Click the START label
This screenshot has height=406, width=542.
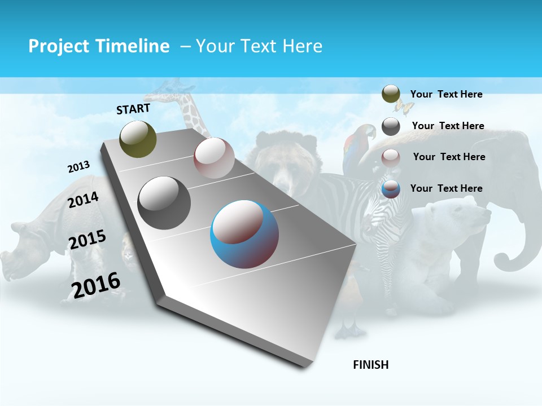click(133, 109)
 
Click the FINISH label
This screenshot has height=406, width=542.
click(371, 365)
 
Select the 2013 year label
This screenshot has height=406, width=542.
click(78, 167)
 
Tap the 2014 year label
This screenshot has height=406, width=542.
click(84, 200)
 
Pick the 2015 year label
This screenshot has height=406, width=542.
click(88, 240)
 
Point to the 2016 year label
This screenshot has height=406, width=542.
click(96, 285)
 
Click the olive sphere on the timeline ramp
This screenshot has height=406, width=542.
click(138, 139)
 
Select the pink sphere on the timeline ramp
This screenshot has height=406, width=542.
click(214, 158)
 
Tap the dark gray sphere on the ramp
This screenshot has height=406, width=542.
click(164, 202)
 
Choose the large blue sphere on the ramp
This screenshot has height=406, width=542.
click(244, 234)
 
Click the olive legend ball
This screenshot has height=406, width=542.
click(391, 94)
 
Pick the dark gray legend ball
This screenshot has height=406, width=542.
click(391, 126)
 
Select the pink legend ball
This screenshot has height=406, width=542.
click(391, 157)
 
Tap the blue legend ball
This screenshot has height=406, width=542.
click(391, 189)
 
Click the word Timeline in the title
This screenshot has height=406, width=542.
click(130, 46)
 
